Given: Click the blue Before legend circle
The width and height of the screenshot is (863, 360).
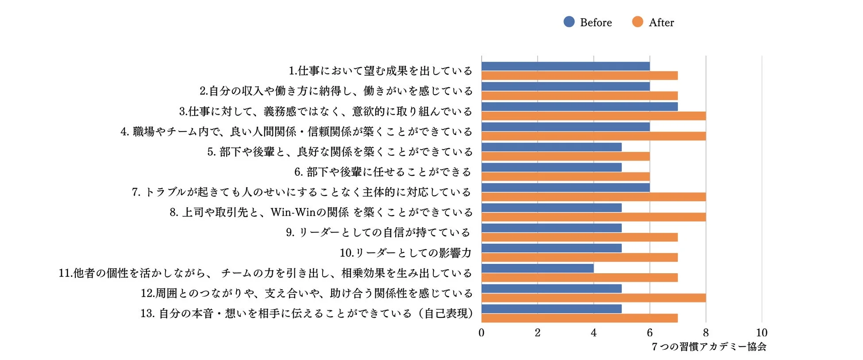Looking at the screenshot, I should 569,22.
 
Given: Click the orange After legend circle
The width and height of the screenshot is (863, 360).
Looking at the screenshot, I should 637,22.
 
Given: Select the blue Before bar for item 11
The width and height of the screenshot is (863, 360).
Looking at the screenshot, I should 537,268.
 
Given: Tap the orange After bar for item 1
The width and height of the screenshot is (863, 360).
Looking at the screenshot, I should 579,76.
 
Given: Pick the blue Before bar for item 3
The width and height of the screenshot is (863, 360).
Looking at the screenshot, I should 579,107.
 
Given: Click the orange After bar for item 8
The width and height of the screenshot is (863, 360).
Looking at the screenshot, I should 593,217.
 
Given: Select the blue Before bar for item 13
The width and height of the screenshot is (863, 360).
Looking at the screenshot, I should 551,309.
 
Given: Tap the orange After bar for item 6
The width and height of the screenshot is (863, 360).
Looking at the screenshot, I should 565,177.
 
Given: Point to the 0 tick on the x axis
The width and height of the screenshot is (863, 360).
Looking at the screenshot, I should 482,333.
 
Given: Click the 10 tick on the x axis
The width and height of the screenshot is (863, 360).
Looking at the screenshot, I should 761,333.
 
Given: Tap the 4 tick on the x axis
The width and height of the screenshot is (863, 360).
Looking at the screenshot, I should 593,333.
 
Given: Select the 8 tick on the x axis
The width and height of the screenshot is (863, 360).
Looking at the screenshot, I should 705,333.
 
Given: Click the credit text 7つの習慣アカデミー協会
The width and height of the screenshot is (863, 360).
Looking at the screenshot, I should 709,347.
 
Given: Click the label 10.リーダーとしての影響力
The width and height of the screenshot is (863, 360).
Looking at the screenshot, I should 405,253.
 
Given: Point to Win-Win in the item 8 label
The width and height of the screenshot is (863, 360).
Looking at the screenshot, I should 292,213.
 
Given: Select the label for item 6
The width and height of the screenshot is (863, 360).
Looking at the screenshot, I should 383,172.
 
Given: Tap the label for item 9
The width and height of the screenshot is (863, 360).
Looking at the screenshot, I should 378,232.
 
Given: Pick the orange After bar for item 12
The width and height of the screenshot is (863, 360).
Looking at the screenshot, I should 593,298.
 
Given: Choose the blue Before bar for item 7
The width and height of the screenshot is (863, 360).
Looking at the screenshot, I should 565,187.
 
